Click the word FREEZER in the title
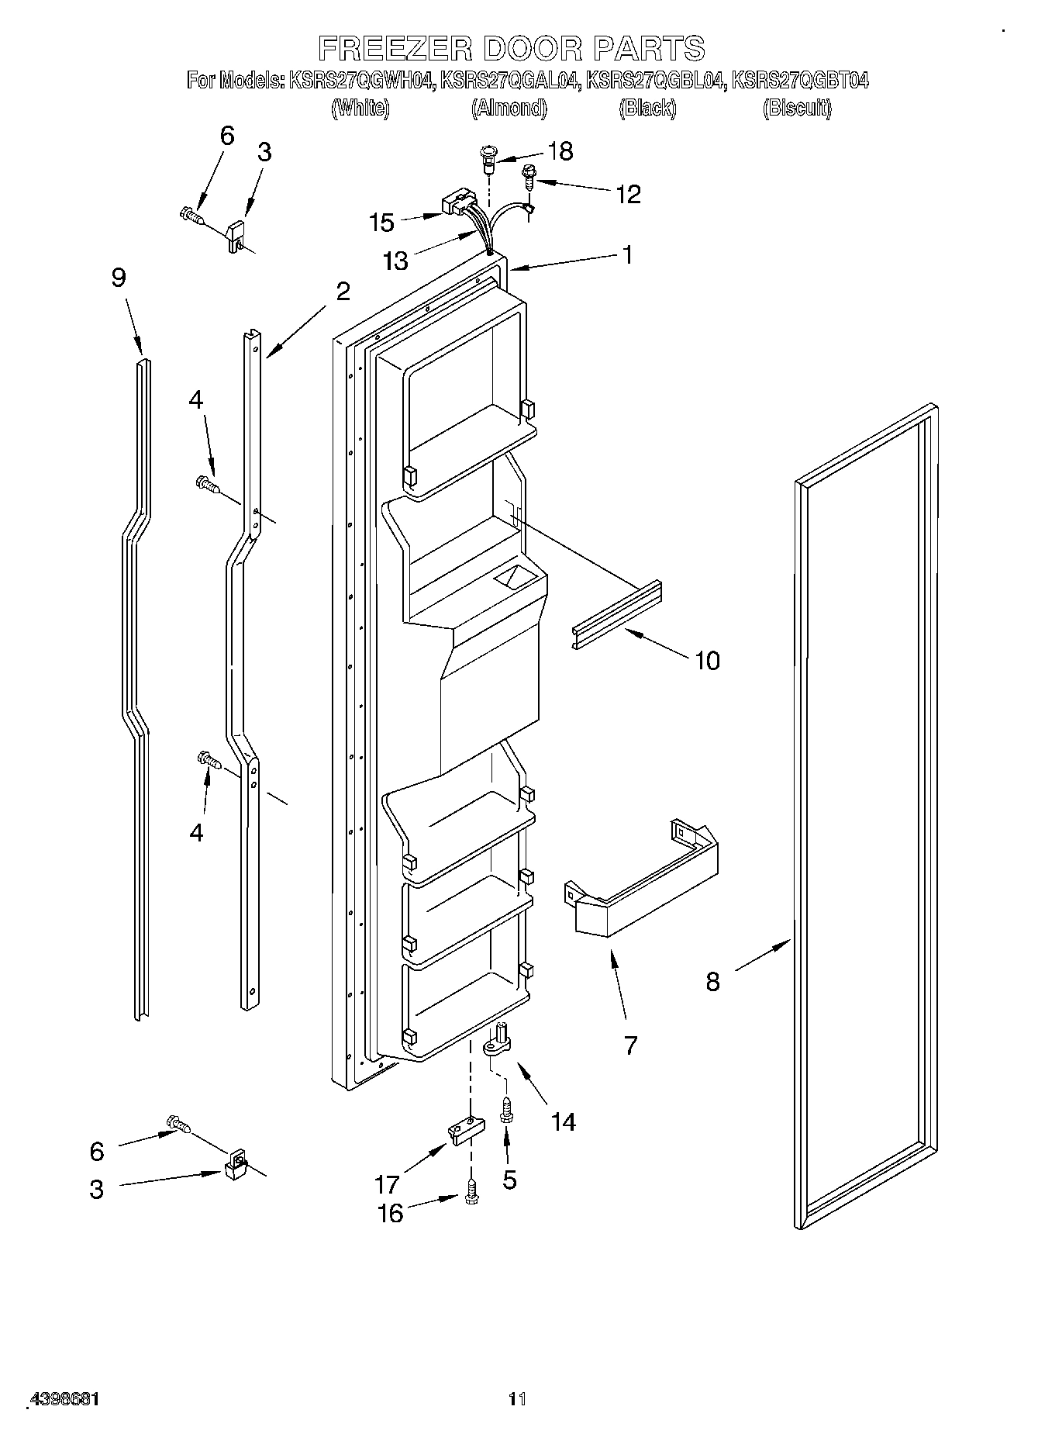[x=395, y=48]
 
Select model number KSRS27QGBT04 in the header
[x=799, y=80]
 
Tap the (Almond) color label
[x=509, y=109]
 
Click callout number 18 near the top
[x=560, y=151]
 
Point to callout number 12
[x=628, y=195]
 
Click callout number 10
[x=707, y=661]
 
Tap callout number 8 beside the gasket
[x=712, y=982]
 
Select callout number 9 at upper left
[x=118, y=278]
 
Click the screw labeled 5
[x=506, y=1111]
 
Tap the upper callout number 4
[x=196, y=400]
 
